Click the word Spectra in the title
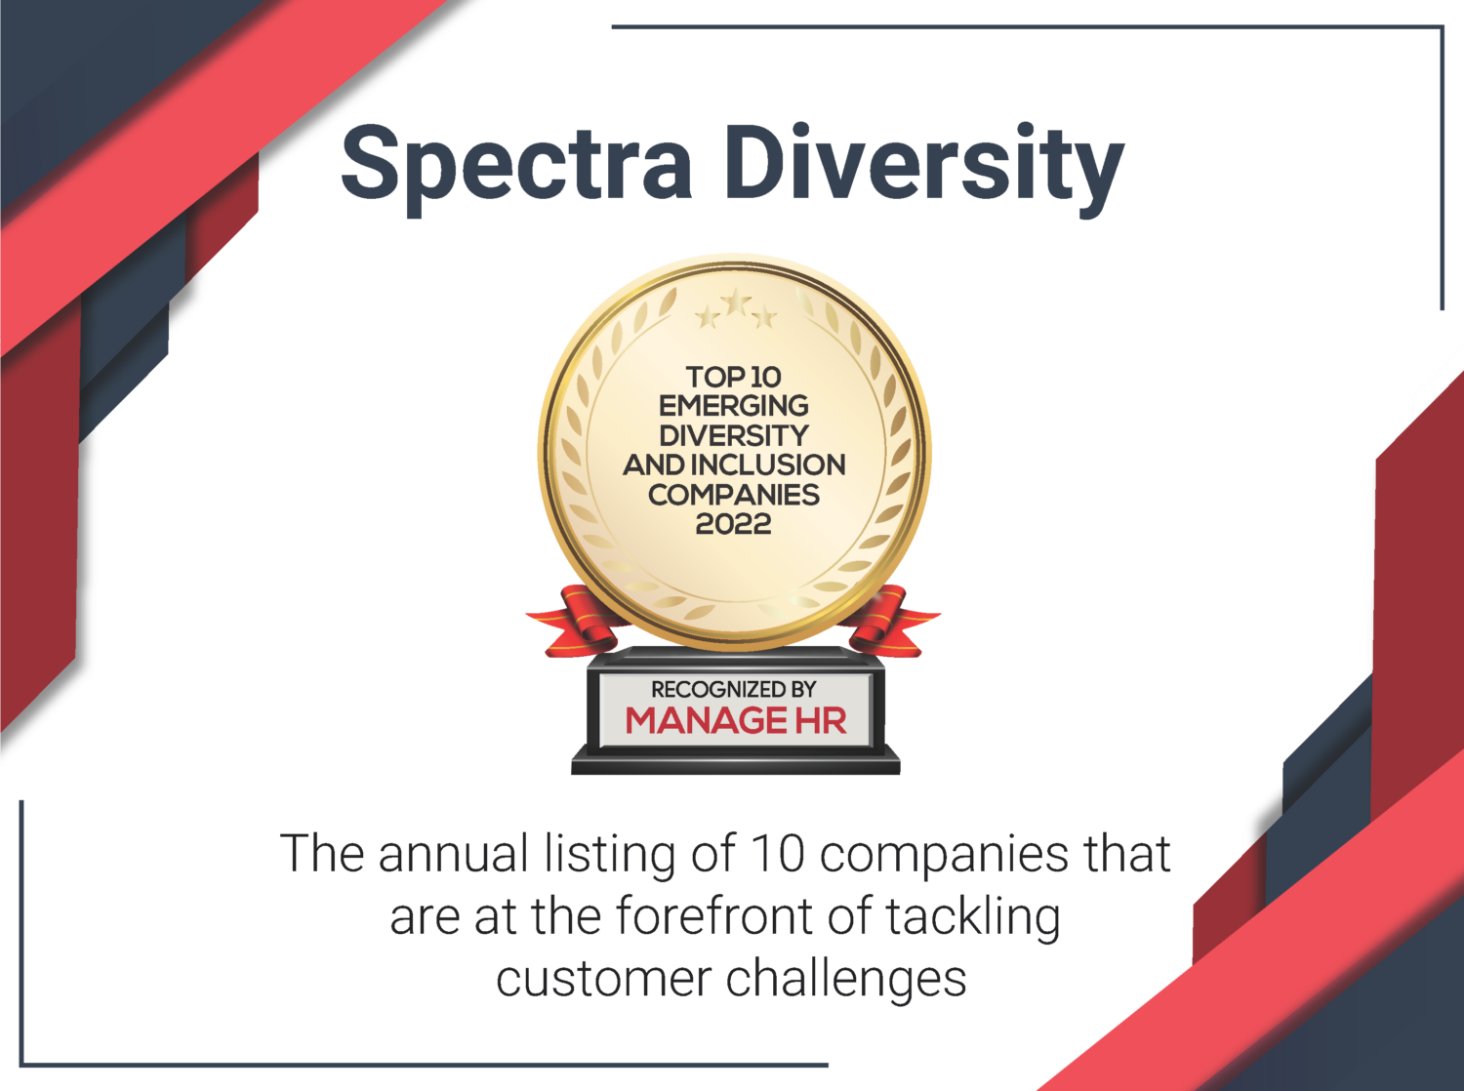pyautogui.click(x=515, y=169)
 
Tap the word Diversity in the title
pyautogui.click(x=926, y=169)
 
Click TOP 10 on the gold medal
pyautogui.click(x=734, y=378)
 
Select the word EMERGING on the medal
pyautogui.click(x=734, y=406)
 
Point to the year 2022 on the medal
pyautogui.click(x=734, y=524)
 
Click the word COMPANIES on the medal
pyautogui.click(x=734, y=495)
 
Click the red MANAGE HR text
pyautogui.click(x=736, y=721)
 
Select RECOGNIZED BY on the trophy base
pyautogui.click(x=734, y=690)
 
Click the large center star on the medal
pyautogui.click(x=736, y=303)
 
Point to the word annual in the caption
pyautogui.click(x=454, y=854)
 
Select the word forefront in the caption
pyautogui.click(x=713, y=917)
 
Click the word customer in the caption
pyautogui.click(x=604, y=981)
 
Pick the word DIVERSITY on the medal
pyautogui.click(x=734, y=436)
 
